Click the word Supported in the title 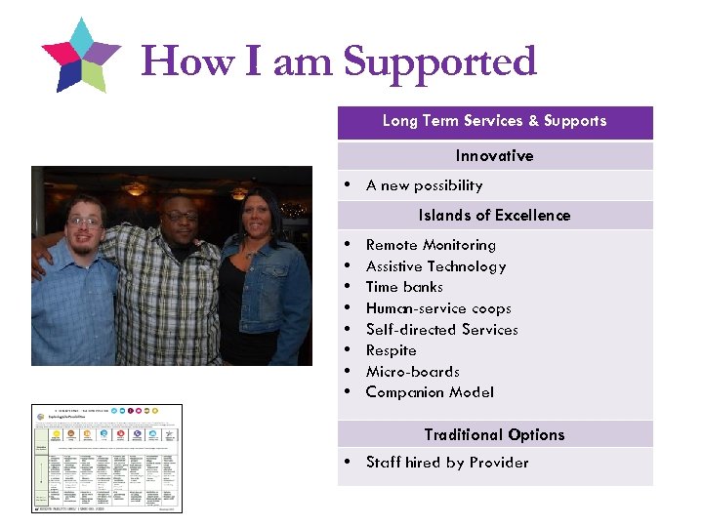440,61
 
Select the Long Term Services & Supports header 494,121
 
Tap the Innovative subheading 494,156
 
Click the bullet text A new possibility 424,185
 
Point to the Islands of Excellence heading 494,216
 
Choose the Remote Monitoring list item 431,245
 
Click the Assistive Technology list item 435,266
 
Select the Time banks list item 404,287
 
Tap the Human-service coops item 438,308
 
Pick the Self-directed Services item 441,330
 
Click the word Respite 391,350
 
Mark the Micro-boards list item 412,372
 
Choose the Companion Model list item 430,392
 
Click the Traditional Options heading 494,435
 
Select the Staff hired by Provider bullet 446,463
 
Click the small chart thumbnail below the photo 106,458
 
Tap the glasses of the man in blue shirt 84,223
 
